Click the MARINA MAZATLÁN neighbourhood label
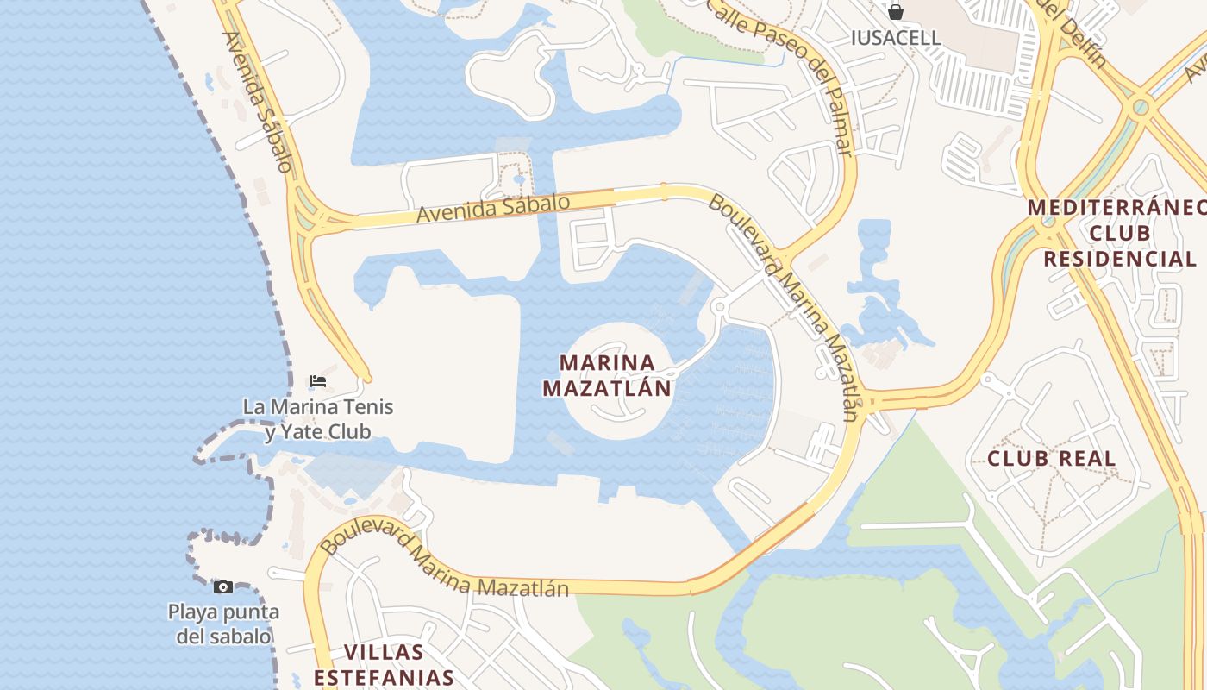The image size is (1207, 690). pos(606,375)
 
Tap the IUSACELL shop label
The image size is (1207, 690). pos(895,38)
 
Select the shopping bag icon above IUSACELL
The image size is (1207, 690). pos(896,12)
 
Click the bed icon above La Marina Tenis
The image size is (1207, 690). pos(318,380)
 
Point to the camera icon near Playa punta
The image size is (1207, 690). pos(223,586)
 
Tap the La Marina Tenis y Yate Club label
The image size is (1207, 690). pos(318,418)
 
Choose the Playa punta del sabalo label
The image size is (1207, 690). pos(223,624)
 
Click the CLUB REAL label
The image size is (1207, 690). pos(1051,458)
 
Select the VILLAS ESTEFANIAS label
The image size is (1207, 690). pos(384,664)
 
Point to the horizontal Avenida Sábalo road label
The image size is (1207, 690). pos(493,209)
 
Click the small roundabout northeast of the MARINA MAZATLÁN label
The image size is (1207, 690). pos(720,306)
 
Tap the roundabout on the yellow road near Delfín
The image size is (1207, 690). pos(1141,107)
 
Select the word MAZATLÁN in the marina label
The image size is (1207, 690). pos(606,388)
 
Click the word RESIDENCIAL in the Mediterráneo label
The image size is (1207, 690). pos(1119,259)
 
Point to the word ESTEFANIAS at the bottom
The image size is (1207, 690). pos(384,677)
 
